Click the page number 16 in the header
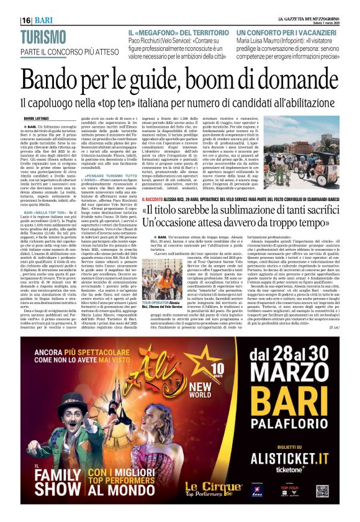coord(26,20)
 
